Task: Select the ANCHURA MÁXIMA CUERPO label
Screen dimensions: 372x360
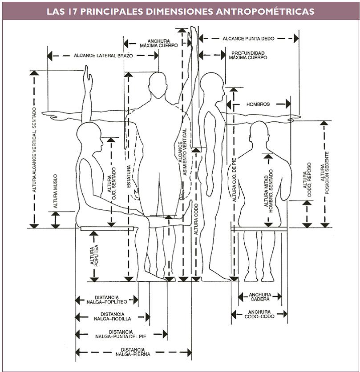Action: tap(158, 43)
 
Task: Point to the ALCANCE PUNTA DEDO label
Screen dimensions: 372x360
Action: tap(249, 39)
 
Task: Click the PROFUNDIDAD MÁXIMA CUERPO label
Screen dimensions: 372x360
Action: tap(248, 56)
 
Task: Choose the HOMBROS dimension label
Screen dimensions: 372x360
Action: tap(258, 104)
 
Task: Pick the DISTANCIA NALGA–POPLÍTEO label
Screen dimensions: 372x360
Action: tap(107, 300)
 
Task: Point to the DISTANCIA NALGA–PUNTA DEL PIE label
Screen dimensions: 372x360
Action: tap(121, 334)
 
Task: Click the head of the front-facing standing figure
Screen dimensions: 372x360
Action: tap(158, 83)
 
